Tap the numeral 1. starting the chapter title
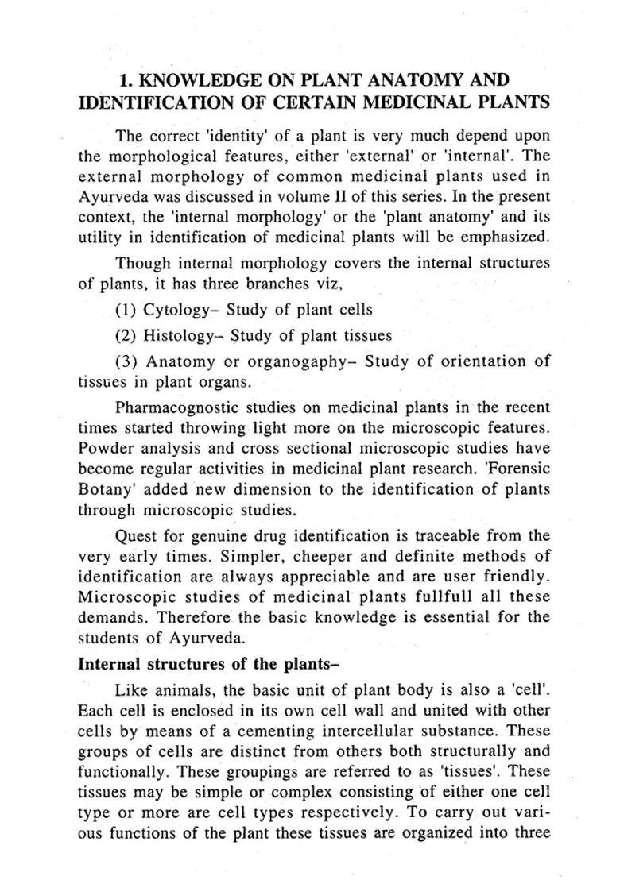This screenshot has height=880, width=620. click(125, 80)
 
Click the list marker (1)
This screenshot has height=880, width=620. click(126, 310)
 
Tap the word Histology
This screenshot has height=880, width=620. click(180, 335)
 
